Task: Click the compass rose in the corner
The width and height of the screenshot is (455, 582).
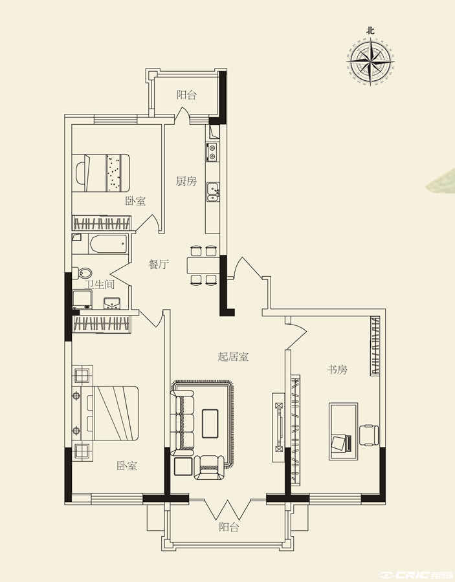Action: click(370, 61)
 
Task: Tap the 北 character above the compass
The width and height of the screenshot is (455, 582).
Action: click(370, 31)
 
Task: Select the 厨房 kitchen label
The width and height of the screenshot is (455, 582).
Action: click(186, 182)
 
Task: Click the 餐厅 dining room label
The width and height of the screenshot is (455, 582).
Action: click(159, 264)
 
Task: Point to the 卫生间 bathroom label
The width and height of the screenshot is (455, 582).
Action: click(99, 285)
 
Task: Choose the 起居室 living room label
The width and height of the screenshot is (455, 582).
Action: click(233, 357)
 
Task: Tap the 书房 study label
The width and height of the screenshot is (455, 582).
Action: click(337, 370)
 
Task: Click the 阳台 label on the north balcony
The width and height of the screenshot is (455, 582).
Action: click(186, 95)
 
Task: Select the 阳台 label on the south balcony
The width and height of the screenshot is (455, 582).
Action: click(228, 527)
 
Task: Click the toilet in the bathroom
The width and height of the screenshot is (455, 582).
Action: click(82, 274)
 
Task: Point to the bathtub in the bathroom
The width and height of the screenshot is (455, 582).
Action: click(108, 244)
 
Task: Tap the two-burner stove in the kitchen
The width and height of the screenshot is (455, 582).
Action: click(212, 152)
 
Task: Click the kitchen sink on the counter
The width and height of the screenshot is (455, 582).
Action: click(213, 192)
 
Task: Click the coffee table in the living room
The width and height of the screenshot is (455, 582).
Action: click(210, 424)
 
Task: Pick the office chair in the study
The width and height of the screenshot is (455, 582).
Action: click(369, 435)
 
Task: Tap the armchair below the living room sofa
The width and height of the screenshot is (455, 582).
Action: click(210, 468)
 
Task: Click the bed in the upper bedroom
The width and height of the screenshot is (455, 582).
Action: click(101, 173)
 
